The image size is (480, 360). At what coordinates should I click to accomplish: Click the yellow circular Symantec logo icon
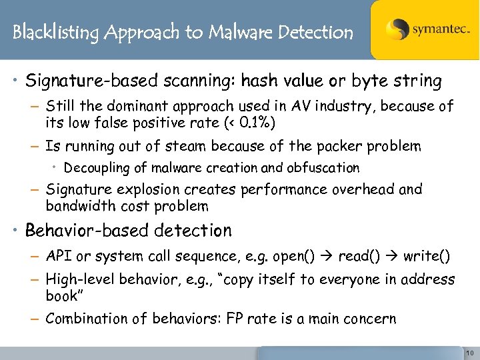398,29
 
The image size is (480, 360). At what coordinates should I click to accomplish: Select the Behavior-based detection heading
128,231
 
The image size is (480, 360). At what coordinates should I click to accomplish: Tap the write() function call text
427,257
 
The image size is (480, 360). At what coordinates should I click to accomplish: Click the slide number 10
470,353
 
